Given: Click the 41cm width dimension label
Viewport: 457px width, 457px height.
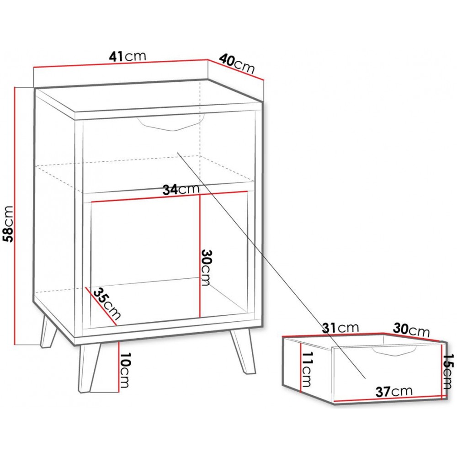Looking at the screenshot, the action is click(128, 56).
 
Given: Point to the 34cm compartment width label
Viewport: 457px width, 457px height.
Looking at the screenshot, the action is click(181, 190).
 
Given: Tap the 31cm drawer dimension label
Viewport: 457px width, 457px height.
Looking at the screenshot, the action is click(340, 328).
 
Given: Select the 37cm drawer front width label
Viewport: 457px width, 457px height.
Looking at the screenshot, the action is click(394, 392).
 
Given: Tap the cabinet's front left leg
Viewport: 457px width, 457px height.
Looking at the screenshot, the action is click(89, 368).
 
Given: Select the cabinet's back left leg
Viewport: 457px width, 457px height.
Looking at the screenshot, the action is click(48, 332).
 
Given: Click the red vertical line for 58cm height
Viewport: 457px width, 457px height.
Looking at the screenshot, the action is click(15, 216).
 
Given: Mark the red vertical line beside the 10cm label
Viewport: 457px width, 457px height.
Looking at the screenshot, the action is click(119, 367).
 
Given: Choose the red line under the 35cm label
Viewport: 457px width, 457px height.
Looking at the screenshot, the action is click(101, 306).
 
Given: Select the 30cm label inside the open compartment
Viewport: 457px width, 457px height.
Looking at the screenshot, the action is click(206, 268).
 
